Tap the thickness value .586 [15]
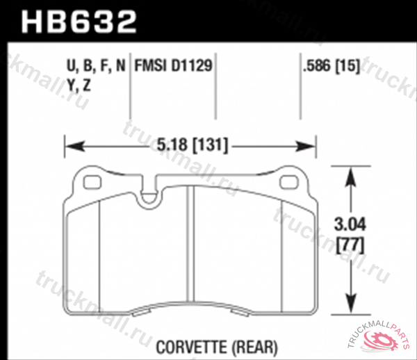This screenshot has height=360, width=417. (327, 67)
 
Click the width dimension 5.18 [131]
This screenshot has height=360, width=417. (190, 146)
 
